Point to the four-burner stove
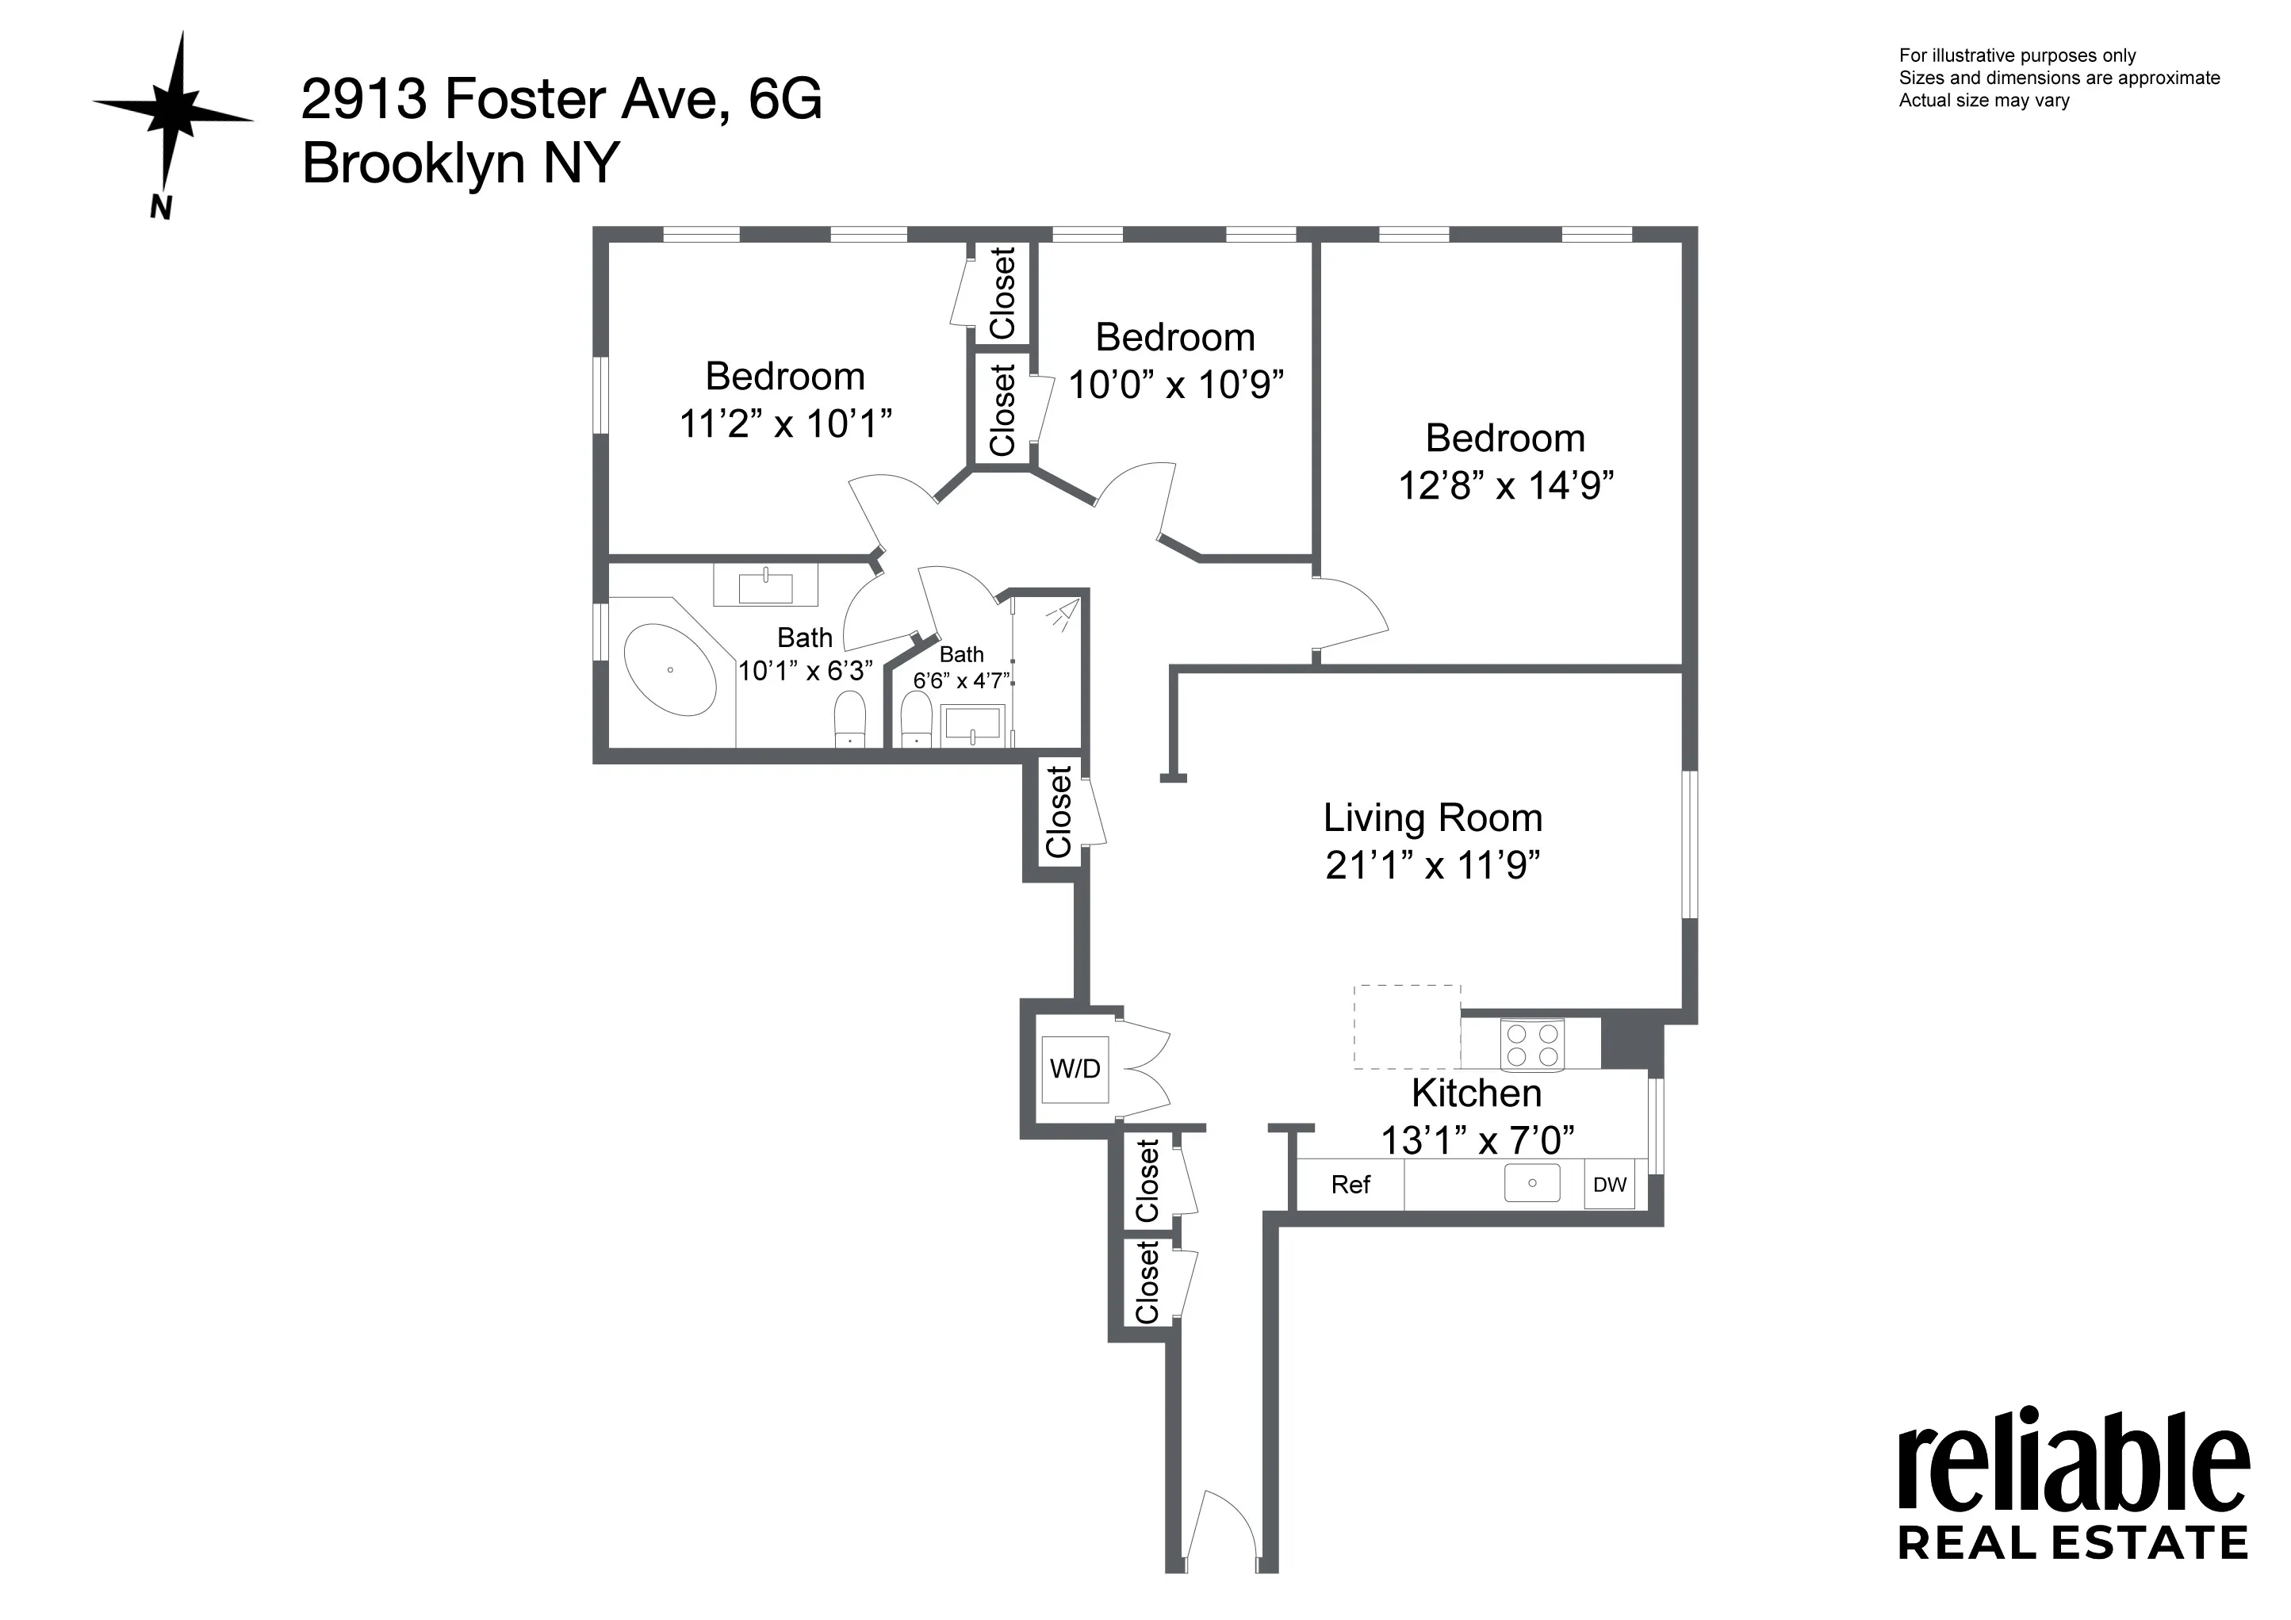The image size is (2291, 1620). (1531, 1044)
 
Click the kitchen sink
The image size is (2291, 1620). (1531, 1183)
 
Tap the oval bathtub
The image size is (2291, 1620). (669, 669)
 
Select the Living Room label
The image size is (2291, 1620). (1433, 818)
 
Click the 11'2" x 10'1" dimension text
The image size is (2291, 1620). (785, 424)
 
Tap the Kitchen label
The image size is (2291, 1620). (1477, 1093)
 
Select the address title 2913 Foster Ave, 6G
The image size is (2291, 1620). (561, 99)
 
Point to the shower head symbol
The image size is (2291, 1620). (1063, 614)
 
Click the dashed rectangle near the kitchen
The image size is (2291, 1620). (1407, 1026)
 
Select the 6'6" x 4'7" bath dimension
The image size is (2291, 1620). (962, 681)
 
